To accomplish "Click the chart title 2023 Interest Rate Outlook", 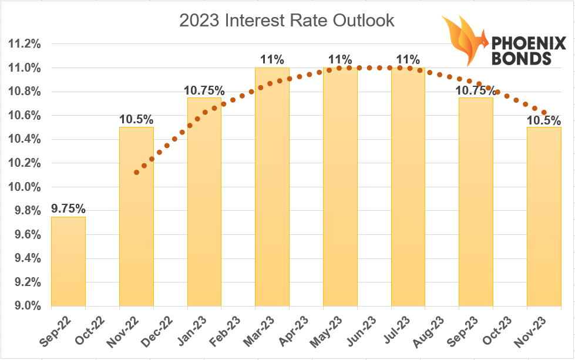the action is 287,21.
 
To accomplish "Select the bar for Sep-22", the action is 69,261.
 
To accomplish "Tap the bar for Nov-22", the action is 136,217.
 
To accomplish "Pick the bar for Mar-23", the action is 272,187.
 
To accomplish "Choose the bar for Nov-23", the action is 544,217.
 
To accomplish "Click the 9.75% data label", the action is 68,208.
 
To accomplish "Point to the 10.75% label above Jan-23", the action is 204,90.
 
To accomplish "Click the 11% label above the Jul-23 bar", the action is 408,59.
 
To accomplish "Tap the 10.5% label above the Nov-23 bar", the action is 544,120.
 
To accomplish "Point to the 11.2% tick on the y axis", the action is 25,44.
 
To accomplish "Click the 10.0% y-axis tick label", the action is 25,187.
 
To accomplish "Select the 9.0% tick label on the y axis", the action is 28,306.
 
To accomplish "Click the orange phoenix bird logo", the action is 464,41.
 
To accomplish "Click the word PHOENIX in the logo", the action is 529,43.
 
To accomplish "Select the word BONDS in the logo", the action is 521,59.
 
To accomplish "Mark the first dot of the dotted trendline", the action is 136,172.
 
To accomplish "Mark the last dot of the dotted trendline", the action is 544,113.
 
